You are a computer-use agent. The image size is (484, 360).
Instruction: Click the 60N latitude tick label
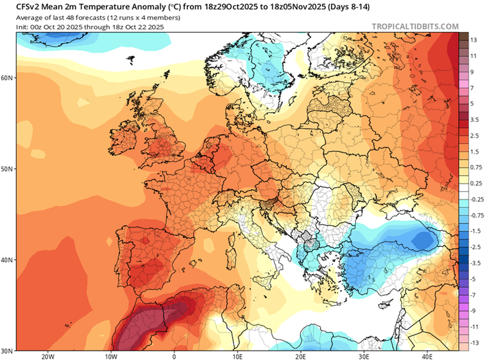(8, 78)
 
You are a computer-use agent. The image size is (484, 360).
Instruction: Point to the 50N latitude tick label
(8, 168)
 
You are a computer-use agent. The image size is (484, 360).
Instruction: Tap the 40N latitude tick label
(8, 260)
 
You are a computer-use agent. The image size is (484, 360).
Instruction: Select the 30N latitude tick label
(8, 350)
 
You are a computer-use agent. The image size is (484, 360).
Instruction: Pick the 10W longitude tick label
(110, 355)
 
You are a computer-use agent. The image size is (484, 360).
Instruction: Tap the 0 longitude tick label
(174, 355)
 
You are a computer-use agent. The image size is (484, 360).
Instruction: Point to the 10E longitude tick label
(237, 355)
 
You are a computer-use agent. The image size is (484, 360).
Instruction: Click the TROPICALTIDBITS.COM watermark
(415, 26)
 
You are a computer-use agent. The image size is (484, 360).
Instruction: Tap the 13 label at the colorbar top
(474, 40)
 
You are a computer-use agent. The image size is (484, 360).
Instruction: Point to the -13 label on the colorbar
(474, 342)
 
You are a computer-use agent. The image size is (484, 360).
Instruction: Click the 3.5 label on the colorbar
(474, 119)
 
